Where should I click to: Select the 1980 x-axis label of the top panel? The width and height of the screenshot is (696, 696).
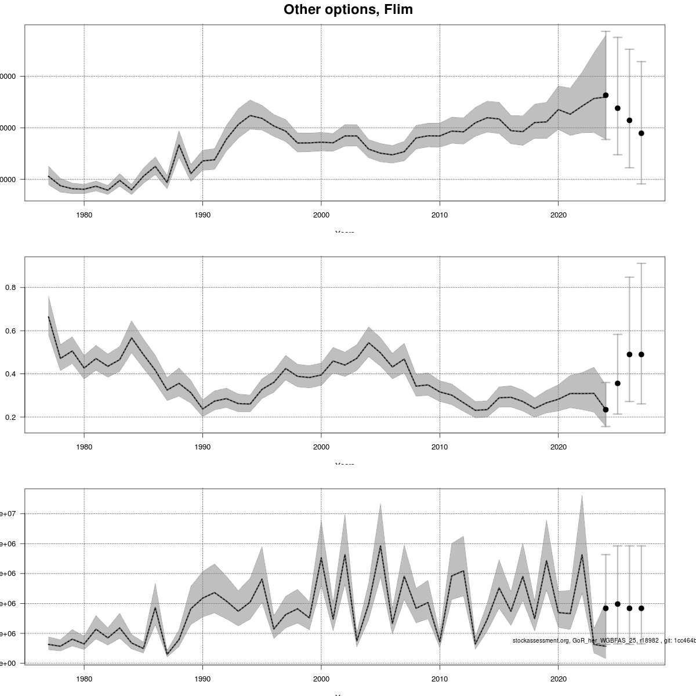point(84,215)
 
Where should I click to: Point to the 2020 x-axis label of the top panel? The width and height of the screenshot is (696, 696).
point(558,215)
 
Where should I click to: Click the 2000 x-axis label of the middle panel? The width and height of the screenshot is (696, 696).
point(321,447)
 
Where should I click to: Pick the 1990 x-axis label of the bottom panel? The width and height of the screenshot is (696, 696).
point(202,678)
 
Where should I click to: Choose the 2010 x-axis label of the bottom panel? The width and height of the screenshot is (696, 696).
point(440,678)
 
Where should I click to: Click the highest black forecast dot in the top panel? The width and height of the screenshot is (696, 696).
point(606,95)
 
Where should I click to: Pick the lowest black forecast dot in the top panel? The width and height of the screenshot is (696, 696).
point(641,133)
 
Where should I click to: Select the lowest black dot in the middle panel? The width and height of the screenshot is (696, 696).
point(606,409)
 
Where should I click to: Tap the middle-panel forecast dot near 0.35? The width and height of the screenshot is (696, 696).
point(618,383)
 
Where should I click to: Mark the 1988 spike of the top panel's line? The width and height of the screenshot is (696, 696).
point(179,144)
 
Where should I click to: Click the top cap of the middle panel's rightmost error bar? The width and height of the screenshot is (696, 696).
point(641,263)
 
